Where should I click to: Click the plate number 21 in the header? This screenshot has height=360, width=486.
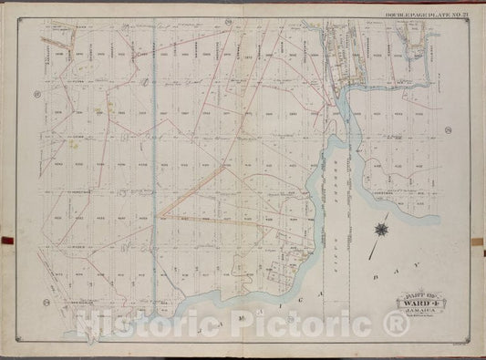[467, 15]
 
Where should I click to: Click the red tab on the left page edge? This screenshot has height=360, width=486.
[4, 242]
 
